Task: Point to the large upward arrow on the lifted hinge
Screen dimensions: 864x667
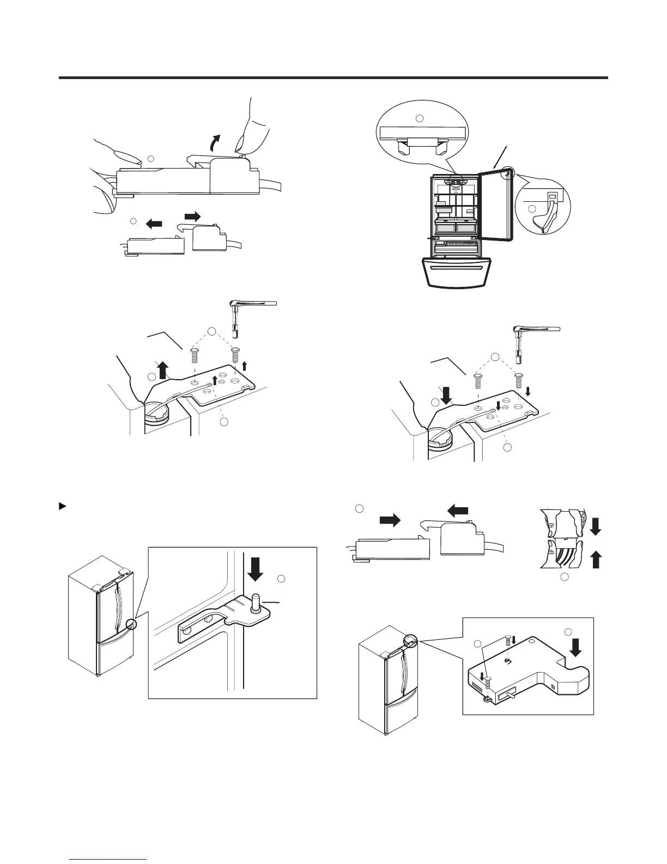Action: pos(162,371)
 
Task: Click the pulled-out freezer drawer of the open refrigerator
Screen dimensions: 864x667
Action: pos(457,273)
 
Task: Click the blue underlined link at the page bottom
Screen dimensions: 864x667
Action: pos(109,860)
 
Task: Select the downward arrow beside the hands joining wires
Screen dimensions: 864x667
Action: pos(596,526)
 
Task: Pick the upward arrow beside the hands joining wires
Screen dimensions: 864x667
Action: pos(596,560)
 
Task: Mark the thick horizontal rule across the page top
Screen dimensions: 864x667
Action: pos(333,78)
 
